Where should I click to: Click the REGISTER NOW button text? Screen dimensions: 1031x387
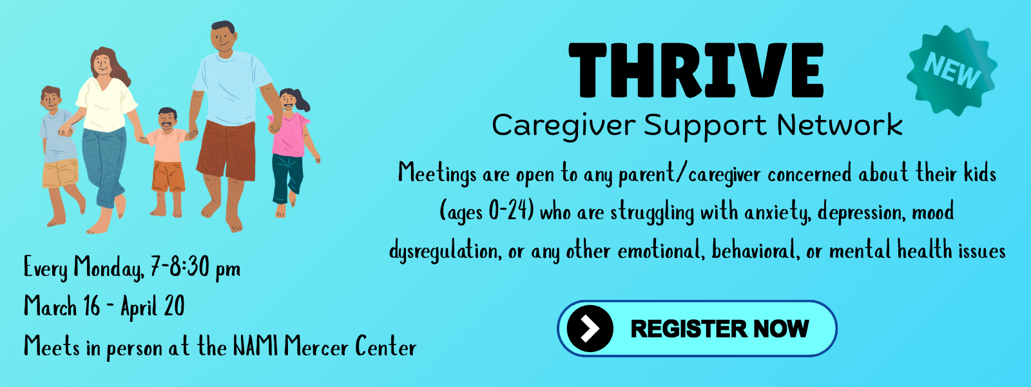coord(719,329)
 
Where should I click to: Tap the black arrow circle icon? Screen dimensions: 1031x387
coord(590,328)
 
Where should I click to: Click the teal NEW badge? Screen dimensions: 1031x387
coord(952,70)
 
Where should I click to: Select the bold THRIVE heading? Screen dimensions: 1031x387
coord(696,70)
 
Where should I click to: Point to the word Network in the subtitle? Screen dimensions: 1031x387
coord(840,124)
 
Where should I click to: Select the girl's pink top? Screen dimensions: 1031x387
coord(289,135)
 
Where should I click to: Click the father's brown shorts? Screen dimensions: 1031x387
coord(226,150)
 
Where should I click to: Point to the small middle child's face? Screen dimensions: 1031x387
coord(167,121)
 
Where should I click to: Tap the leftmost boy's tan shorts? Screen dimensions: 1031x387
coord(60,174)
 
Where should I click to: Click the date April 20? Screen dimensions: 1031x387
coord(153,307)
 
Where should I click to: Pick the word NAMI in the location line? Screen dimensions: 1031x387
coord(255,346)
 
